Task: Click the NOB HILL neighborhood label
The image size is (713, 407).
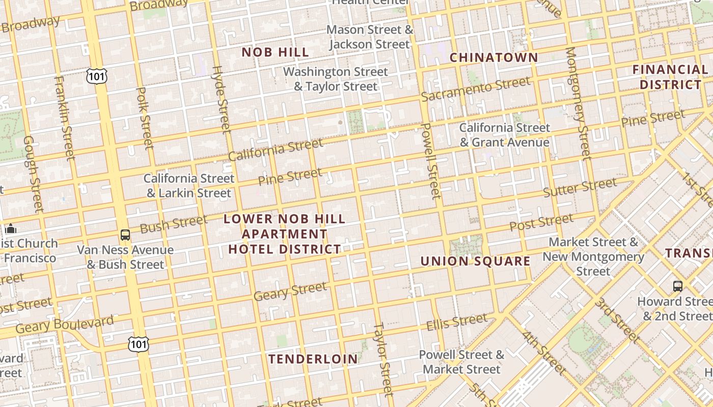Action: (275, 52)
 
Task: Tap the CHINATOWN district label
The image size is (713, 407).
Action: (493, 57)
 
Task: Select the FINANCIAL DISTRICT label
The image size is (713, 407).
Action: (670, 77)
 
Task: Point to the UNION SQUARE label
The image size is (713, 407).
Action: (475, 261)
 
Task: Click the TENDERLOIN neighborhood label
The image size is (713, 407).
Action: (313, 359)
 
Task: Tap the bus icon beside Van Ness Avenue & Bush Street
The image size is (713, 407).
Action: (125, 235)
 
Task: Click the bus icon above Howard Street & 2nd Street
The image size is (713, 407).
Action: (677, 286)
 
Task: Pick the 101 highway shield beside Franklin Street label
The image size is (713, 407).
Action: (97, 76)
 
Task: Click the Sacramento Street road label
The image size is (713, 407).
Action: (476, 89)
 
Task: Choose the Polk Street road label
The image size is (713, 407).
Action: (145, 118)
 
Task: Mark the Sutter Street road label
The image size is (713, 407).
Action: (580, 188)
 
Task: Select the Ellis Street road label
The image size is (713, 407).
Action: (456, 322)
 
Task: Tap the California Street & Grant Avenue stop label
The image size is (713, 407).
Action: (505, 135)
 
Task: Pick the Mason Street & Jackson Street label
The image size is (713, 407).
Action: (370, 37)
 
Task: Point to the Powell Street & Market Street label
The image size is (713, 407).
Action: (461, 362)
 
